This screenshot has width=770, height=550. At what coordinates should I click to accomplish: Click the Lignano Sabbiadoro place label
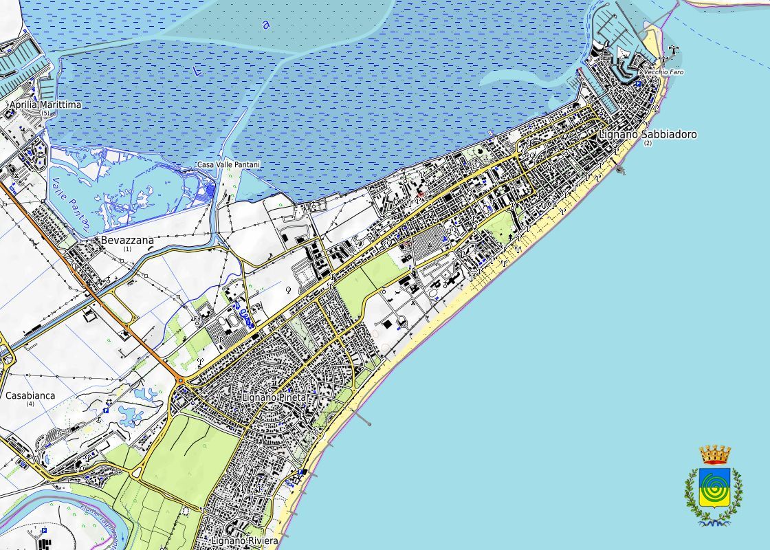pos(647,134)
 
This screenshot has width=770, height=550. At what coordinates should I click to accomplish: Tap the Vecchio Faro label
pos(663,72)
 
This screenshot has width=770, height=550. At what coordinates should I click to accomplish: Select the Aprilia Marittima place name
pos(45,104)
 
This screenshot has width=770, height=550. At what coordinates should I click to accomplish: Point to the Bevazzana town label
pos(127,241)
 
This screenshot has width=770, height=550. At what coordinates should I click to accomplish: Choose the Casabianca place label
pos(30,395)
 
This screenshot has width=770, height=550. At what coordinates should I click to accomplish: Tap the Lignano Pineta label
pos(273,398)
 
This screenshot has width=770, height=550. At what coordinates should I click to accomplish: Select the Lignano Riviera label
pos(245,541)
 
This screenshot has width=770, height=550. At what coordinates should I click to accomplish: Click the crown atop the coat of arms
pos(714,454)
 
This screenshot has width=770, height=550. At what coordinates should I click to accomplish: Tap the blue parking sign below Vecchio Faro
pos(638,84)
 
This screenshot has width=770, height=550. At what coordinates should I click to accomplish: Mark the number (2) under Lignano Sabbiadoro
pos(648,143)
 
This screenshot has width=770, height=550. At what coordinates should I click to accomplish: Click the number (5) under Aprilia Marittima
pos(45,113)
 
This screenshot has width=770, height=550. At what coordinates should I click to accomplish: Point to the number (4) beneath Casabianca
pos(30,404)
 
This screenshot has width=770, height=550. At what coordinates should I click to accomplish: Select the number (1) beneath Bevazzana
pos(127,249)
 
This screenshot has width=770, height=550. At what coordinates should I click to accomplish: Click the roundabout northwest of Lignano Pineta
pos(181,379)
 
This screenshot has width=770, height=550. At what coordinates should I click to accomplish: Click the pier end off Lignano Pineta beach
pos(369,423)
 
